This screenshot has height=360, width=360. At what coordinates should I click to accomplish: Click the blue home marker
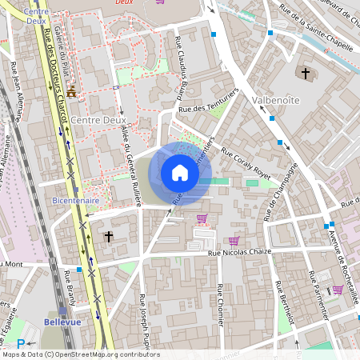[x=180, y=173]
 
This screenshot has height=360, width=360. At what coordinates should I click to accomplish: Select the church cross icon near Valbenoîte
[x=305, y=74]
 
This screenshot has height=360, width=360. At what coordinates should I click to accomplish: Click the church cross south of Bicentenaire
[x=109, y=237]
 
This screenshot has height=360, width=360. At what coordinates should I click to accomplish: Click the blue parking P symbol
[x=21, y=345]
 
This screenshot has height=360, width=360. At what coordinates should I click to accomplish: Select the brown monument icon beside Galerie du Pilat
[x=71, y=91]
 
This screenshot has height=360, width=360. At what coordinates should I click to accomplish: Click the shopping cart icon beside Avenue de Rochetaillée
[x=338, y=290]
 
